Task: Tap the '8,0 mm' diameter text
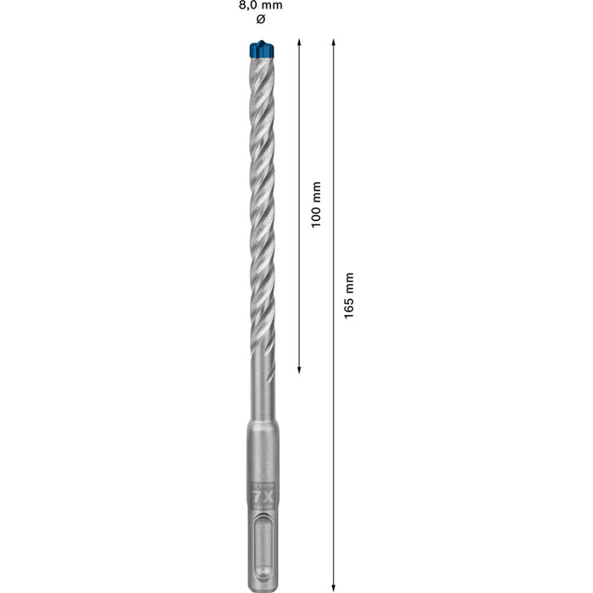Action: tap(259, 5)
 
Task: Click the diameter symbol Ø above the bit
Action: tap(259, 19)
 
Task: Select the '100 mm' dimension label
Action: tap(316, 204)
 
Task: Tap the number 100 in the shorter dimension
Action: tap(316, 214)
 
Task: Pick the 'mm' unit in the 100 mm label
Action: tap(316, 189)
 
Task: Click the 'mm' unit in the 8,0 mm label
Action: tap(273, 5)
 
